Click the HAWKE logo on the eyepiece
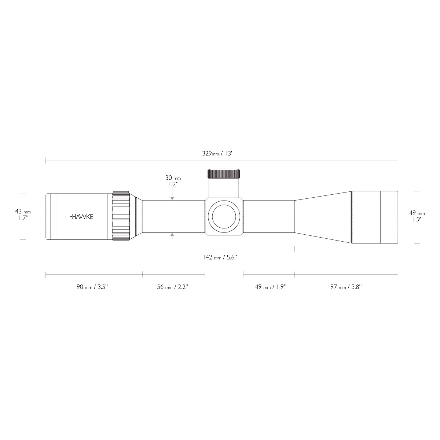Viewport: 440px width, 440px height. (x=81, y=217)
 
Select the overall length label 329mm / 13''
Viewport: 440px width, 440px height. (x=218, y=153)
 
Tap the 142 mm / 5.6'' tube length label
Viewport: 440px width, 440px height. (x=220, y=257)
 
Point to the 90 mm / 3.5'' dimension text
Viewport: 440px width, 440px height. (x=92, y=287)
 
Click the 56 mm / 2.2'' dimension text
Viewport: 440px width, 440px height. (x=173, y=287)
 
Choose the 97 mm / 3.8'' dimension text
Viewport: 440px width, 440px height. (x=346, y=287)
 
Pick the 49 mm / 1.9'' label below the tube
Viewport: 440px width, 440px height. (x=271, y=287)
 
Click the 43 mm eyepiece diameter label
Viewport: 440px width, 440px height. (x=23, y=214)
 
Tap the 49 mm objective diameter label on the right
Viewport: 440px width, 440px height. (x=417, y=216)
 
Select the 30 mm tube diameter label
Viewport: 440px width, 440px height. (x=173, y=181)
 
